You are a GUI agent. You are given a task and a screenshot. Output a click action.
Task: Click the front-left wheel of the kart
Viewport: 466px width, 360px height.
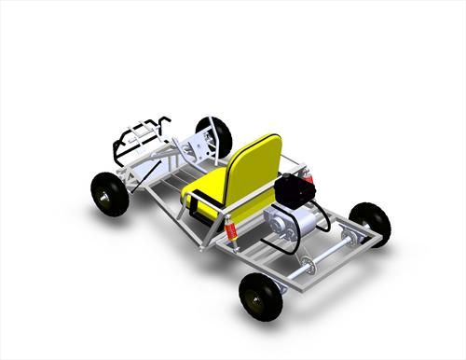pos(110,194)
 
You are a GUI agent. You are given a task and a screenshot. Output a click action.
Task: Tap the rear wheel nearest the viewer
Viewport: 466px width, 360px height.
pos(260,296)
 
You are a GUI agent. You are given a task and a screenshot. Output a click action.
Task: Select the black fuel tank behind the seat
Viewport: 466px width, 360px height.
pos(294,191)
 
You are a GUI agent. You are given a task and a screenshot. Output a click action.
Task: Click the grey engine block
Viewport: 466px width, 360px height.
pos(284,227)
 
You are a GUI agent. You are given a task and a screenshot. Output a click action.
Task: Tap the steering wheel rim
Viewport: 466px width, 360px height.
pos(209,135)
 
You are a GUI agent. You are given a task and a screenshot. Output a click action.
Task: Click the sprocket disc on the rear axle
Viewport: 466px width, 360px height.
pos(308,267)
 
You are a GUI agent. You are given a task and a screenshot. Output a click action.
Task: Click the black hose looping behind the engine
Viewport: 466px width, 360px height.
pos(322,219)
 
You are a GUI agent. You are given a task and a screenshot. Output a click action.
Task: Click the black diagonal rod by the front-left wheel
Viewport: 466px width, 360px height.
pos(140,177)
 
